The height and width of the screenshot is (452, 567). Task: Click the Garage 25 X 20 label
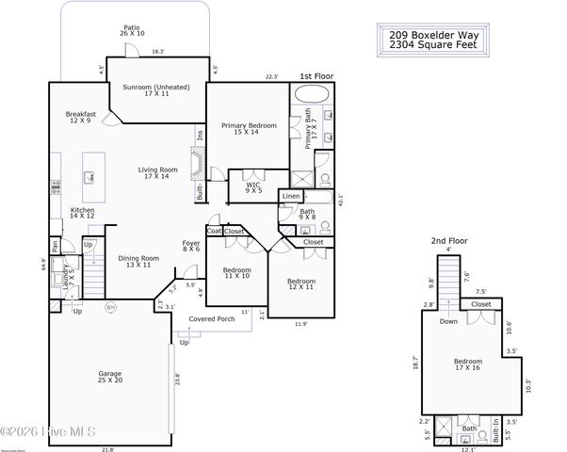109,378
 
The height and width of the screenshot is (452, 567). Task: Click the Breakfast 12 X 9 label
82,117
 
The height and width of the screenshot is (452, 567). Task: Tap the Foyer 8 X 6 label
191,247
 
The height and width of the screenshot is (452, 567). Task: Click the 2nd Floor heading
448,241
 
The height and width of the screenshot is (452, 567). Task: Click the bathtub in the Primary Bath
310,94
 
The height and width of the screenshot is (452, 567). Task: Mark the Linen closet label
291,196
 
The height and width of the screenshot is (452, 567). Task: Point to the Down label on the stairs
447,320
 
